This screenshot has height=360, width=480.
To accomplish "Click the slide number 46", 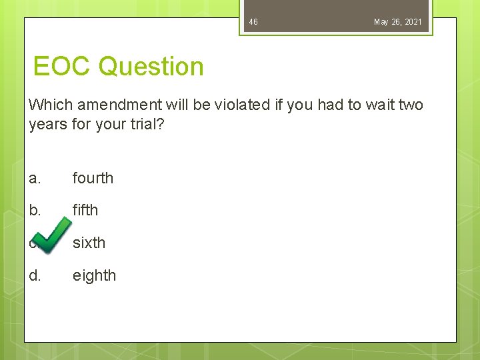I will [253, 22].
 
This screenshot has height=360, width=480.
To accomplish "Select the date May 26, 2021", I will [397, 22].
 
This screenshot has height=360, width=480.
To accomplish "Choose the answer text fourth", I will [93, 178].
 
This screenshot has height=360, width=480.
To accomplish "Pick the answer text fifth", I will [85, 210].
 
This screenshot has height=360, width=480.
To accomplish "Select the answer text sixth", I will [89, 243].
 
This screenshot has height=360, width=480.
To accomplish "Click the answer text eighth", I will [94, 275].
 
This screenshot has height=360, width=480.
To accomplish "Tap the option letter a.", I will [35, 178].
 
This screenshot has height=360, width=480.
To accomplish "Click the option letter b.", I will [35, 210].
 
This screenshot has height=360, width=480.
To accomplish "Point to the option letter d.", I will [35, 275].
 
